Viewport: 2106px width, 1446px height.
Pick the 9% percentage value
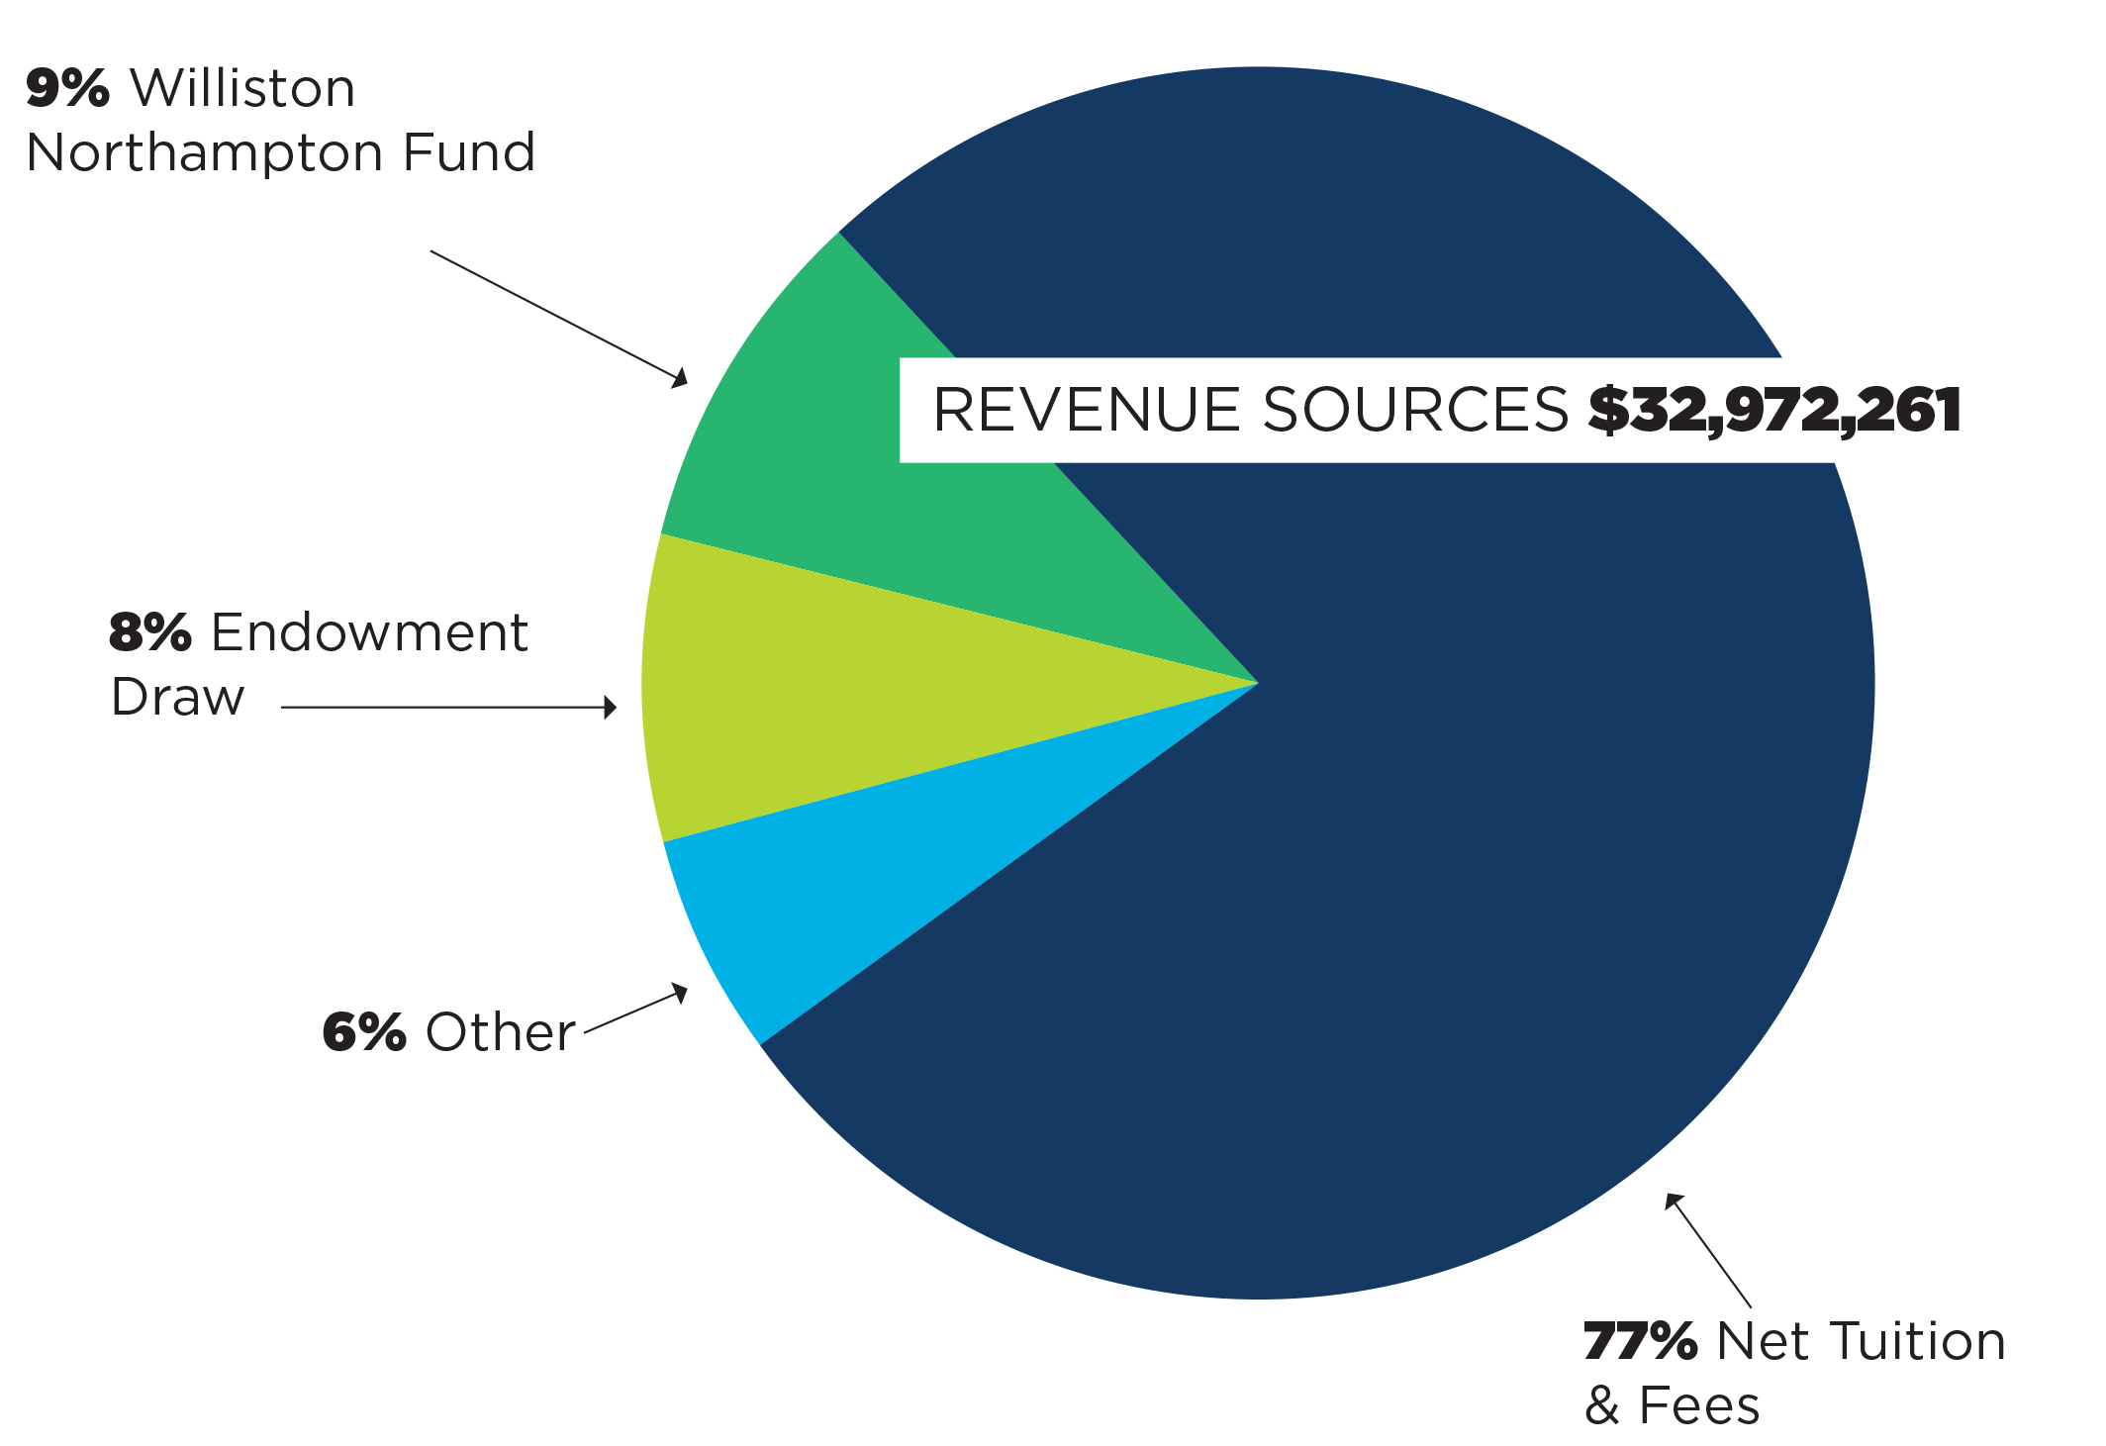[67, 88]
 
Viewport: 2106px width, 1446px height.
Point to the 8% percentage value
[149, 632]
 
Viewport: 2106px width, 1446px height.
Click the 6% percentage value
[363, 1032]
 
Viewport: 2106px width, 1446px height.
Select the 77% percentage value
[1640, 1342]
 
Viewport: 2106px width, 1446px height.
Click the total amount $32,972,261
[1774, 411]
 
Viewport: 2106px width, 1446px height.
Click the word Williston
[242, 88]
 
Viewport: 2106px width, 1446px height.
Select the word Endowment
[369, 632]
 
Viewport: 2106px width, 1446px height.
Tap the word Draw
[177, 697]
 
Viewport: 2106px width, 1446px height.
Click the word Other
[500, 1032]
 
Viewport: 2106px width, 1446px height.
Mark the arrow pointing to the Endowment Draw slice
[449, 708]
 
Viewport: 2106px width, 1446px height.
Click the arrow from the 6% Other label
[636, 1009]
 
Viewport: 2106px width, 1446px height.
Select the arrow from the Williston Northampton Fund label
[559, 319]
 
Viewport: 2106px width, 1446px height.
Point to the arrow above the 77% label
[1708, 1251]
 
